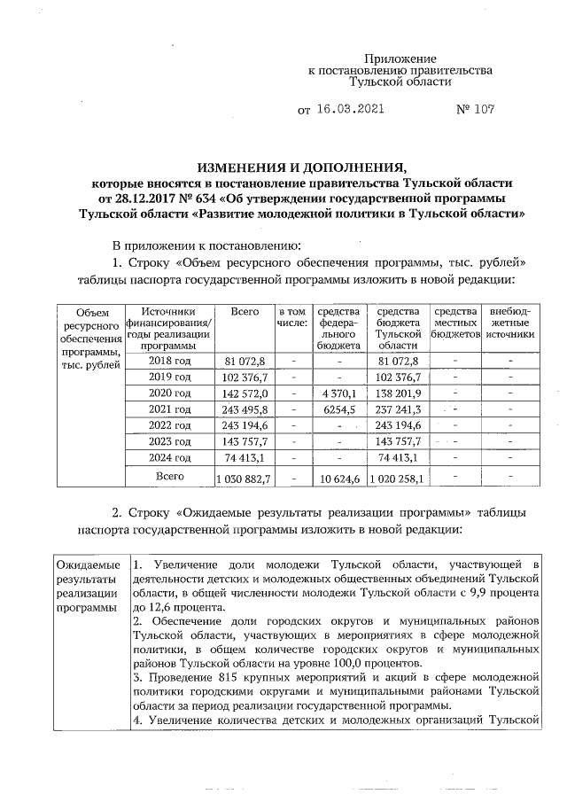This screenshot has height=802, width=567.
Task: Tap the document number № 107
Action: point(473,111)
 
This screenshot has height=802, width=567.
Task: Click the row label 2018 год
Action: point(169,361)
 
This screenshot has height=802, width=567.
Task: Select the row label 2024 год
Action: point(169,457)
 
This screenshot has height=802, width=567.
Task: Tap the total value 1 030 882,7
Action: point(244,479)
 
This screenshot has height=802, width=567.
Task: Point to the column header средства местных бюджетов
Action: point(454,323)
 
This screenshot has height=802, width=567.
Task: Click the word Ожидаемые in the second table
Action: point(88,565)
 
